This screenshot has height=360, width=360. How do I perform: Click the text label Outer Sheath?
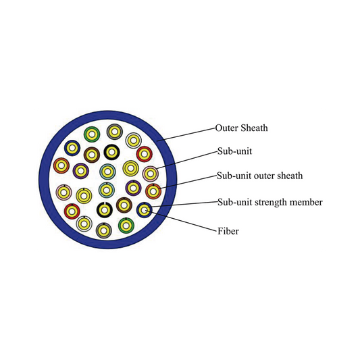(x=241, y=128)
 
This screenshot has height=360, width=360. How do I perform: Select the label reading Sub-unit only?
(x=234, y=151)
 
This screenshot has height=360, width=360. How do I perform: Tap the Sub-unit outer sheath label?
(x=259, y=176)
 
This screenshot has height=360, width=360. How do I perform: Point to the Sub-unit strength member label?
(x=270, y=202)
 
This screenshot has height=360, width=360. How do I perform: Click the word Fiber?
(x=228, y=231)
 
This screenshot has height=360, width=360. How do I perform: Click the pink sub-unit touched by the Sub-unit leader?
(x=151, y=174)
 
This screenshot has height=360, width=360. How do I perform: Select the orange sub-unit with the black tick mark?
(x=153, y=191)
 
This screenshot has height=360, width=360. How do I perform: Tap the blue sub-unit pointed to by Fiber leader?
(x=144, y=210)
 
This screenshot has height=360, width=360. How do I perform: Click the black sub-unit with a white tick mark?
(x=105, y=210)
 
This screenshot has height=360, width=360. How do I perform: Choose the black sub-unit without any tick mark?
(x=112, y=152)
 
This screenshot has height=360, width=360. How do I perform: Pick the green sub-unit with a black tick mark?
(x=126, y=225)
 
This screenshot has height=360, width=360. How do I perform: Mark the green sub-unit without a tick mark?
(x=92, y=134)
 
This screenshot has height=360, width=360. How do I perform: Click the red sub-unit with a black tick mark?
(x=72, y=211)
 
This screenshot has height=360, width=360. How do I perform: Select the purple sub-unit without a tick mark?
(x=81, y=171)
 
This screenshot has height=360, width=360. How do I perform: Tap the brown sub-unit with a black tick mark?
(x=124, y=205)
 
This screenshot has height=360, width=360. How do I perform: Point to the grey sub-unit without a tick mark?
(x=115, y=132)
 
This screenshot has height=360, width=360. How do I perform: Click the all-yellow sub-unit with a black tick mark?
(x=84, y=196)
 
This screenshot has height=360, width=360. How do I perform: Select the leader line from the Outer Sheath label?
(x=186, y=134)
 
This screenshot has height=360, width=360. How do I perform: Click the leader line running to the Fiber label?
(x=182, y=221)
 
